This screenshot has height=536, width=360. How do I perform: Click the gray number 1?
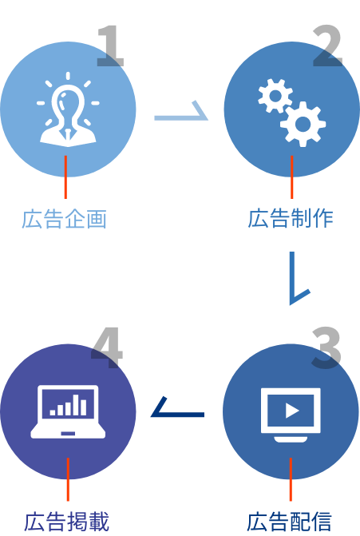pyautogui.click(x=111, y=46)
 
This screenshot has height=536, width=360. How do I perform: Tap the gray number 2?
pyautogui.click(x=327, y=46)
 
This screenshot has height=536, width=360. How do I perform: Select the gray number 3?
pyautogui.click(x=326, y=348)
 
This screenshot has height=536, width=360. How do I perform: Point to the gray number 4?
pyautogui.click(x=107, y=348)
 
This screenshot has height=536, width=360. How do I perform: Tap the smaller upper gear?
pyautogui.click(x=275, y=96)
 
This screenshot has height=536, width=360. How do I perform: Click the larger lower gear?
pyautogui.click(x=303, y=124)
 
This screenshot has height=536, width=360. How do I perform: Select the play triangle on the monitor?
pyautogui.click(x=291, y=411)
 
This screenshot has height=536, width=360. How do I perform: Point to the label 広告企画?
pyautogui.click(x=65, y=219)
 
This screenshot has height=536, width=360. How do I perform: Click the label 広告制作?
pyautogui.click(x=291, y=218)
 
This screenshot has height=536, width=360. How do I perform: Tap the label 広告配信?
pyautogui.click(x=289, y=521)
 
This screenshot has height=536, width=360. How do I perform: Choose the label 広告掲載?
pyautogui.click(x=66, y=521)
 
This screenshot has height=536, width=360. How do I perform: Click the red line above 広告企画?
pyautogui.click(x=65, y=177)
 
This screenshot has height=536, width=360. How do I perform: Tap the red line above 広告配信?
pyautogui.click(x=291, y=479)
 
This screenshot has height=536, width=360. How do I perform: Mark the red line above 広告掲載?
pyautogui.click(x=68, y=479)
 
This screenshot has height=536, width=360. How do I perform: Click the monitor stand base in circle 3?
pyautogui.click(x=291, y=439)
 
